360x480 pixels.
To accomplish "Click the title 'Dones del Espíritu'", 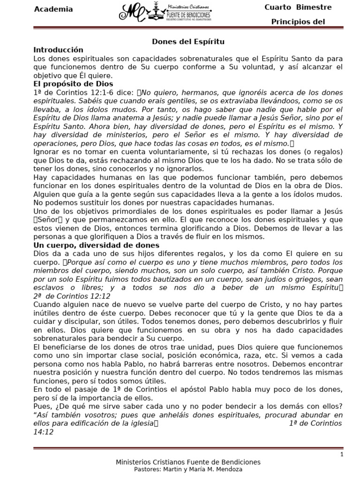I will (188, 42).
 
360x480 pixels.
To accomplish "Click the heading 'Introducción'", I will (58, 50).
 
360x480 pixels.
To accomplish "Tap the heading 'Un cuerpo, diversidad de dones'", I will (96, 245).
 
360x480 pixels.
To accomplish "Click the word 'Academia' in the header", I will (53, 9).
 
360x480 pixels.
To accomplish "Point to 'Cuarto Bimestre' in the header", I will (298, 7).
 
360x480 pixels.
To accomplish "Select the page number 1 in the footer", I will (342, 454).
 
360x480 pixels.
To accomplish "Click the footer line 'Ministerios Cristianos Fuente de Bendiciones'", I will (188, 462).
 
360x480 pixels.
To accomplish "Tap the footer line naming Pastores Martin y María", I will (188, 469).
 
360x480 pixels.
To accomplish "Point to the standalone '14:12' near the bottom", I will (43, 432).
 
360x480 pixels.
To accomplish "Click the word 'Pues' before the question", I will (42, 406).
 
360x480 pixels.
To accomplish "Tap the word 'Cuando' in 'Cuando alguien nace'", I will (47, 304).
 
